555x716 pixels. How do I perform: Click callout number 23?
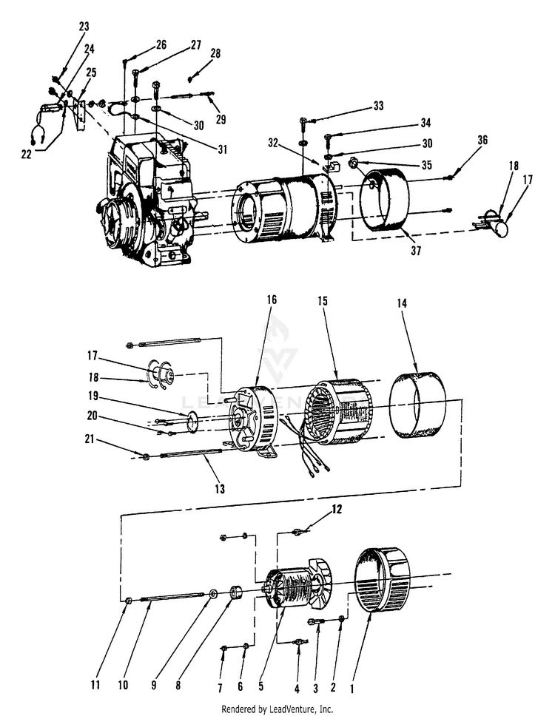click(x=84, y=27)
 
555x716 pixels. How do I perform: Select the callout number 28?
click(x=215, y=54)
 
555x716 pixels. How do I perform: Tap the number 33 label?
click(x=378, y=106)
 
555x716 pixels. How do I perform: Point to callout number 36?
click(x=482, y=140)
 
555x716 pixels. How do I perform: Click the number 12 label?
click(x=337, y=509)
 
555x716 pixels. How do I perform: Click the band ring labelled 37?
click(x=384, y=204)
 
